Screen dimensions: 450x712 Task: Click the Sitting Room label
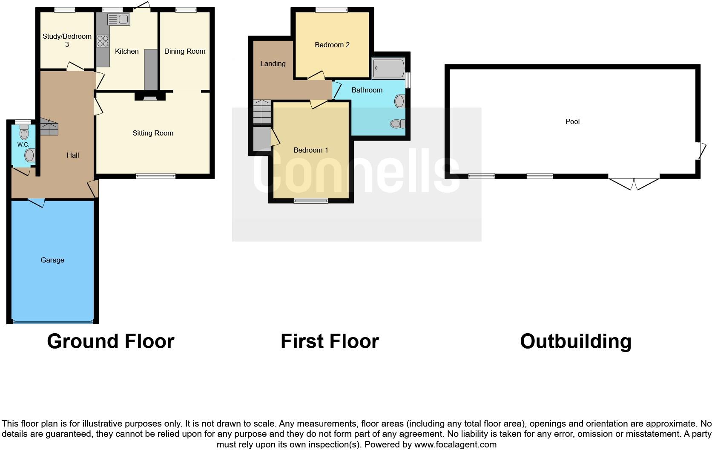click(x=153, y=133)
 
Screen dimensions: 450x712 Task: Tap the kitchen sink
click(x=118, y=19)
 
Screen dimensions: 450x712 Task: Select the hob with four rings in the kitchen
click(x=103, y=41)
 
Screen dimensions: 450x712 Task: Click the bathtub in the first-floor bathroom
click(x=388, y=69)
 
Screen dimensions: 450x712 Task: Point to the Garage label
click(x=52, y=260)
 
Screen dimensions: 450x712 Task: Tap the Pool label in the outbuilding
click(x=572, y=121)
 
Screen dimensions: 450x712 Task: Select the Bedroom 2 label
click(x=332, y=45)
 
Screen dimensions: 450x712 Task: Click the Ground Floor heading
click(x=111, y=341)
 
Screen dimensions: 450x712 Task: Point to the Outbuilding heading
click(x=575, y=341)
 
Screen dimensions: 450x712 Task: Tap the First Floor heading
click(x=330, y=341)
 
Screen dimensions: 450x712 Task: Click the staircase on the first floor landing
click(x=262, y=112)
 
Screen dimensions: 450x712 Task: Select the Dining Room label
click(x=185, y=51)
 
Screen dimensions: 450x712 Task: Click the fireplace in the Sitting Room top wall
click(x=150, y=97)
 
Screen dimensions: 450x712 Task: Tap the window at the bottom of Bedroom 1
click(x=311, y=201)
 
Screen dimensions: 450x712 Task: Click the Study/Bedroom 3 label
click(x=67, y=40)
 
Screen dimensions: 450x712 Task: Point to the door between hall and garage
click(x=36, y=202)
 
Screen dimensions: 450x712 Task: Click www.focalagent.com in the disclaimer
click(x=456, y=444)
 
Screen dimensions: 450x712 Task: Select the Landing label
click(x=273, y=63)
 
